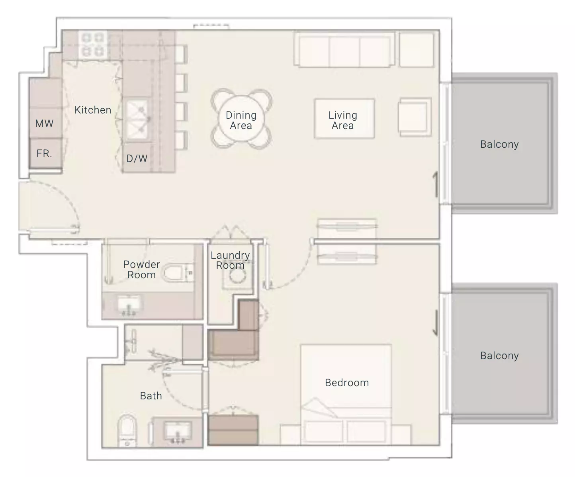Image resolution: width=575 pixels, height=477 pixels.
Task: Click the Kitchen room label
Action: [x=93, y=110]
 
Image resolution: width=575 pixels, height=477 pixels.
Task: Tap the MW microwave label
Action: [x=44, y=123]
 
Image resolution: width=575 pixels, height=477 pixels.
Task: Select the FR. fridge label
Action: [x=44, y=153]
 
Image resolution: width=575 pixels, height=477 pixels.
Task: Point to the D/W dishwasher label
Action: [x=137, y=158]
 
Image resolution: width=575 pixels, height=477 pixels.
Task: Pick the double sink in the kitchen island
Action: [x=137, y=119]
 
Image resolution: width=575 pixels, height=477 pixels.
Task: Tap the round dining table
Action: [x=241, y=119]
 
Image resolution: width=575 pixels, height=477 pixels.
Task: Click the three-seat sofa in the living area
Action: [x=344, y=49]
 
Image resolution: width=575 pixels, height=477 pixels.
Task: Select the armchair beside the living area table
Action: [x=415, y=117]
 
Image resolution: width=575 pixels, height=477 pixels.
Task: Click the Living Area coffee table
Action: [x=344, y=118]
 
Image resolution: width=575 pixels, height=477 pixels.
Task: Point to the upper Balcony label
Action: [x=499, y=144]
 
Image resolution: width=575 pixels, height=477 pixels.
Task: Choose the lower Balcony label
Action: [x=499, y=356]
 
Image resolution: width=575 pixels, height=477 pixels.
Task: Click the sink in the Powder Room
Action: [x=129, y=305]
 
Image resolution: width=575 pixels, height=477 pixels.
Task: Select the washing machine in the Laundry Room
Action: [x=237, y=276]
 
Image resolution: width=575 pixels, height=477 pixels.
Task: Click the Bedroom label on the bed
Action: [x=347, y=383]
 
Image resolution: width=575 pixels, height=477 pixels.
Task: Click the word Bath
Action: [x=151, y=396]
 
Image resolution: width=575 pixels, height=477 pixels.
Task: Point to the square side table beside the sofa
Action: [x=417, y=50]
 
